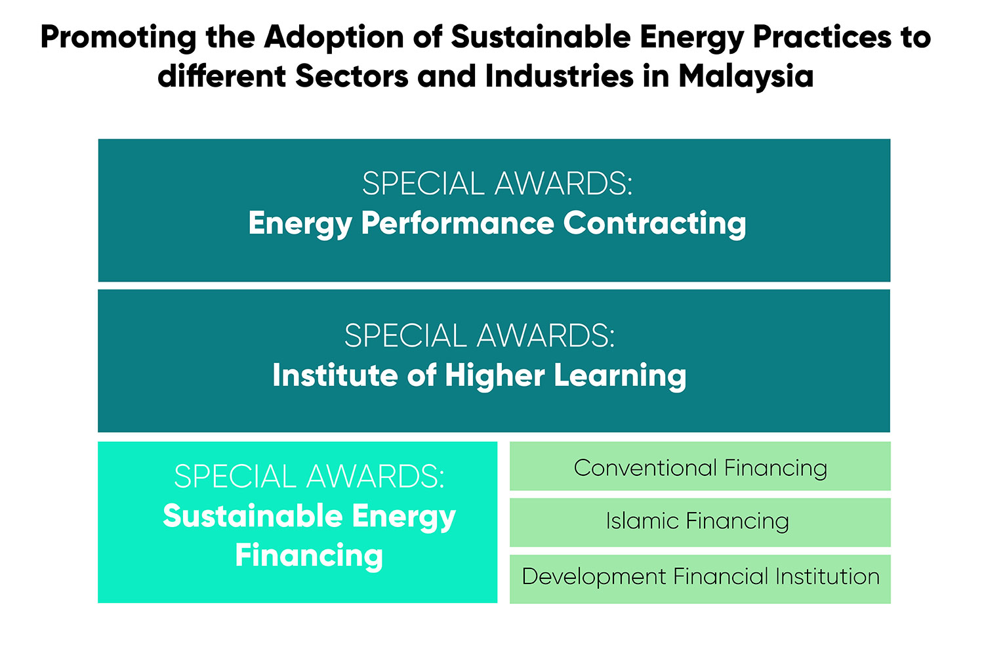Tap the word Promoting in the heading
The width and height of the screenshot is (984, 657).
point(118,38)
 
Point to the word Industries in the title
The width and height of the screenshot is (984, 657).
point(559,76)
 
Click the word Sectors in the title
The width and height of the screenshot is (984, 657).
point(352,76)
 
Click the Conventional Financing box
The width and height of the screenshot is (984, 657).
point(700,466)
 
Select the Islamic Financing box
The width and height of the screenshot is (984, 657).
point(700,522)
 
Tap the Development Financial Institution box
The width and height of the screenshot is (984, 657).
point(700,579)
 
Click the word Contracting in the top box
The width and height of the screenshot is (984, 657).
point(655,224)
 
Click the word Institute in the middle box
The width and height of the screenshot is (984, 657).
point(335,375)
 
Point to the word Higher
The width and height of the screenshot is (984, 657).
point(495,376)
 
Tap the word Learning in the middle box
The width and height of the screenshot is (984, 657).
point(620,376)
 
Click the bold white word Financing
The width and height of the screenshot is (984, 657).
point(309,556)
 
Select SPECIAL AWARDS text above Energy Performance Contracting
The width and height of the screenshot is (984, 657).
point(497,183)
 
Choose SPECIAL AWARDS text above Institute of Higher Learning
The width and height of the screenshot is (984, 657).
point(480,336)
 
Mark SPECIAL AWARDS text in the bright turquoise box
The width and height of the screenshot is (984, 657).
point(309,476)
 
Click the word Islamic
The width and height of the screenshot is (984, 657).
point(642,521)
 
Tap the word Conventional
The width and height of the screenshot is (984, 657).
point(645,467)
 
